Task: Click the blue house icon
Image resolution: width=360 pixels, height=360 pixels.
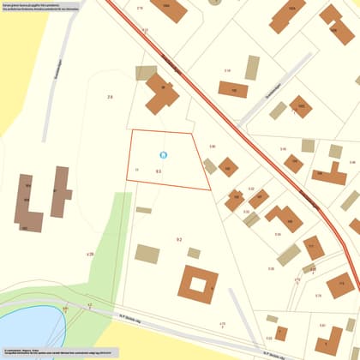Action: pos(164,155)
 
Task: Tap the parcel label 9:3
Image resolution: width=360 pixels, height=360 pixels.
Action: pos(159,171)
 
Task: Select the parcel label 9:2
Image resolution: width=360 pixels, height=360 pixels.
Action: pos(179,239)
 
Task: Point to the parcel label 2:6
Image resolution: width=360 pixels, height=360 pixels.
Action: pos(110,98)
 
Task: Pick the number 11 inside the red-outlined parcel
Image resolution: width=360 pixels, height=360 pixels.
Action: pos(137,170)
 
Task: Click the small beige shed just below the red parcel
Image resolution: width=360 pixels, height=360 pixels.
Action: pos(144,210)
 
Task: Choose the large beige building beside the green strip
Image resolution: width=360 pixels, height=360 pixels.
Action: pos(147,254)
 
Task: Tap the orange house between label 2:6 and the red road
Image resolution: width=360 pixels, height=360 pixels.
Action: pos(161,99)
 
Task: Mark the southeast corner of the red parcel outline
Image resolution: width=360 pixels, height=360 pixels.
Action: pos(210,189)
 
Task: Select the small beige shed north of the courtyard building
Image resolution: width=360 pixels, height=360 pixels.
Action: pos(194,253)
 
